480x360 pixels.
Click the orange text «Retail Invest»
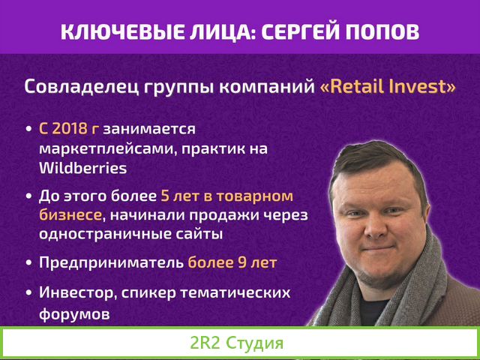(388, 86)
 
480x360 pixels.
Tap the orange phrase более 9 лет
(232, 263)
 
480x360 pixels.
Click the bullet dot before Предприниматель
(28, 264)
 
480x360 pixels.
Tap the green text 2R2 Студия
(237, 345)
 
